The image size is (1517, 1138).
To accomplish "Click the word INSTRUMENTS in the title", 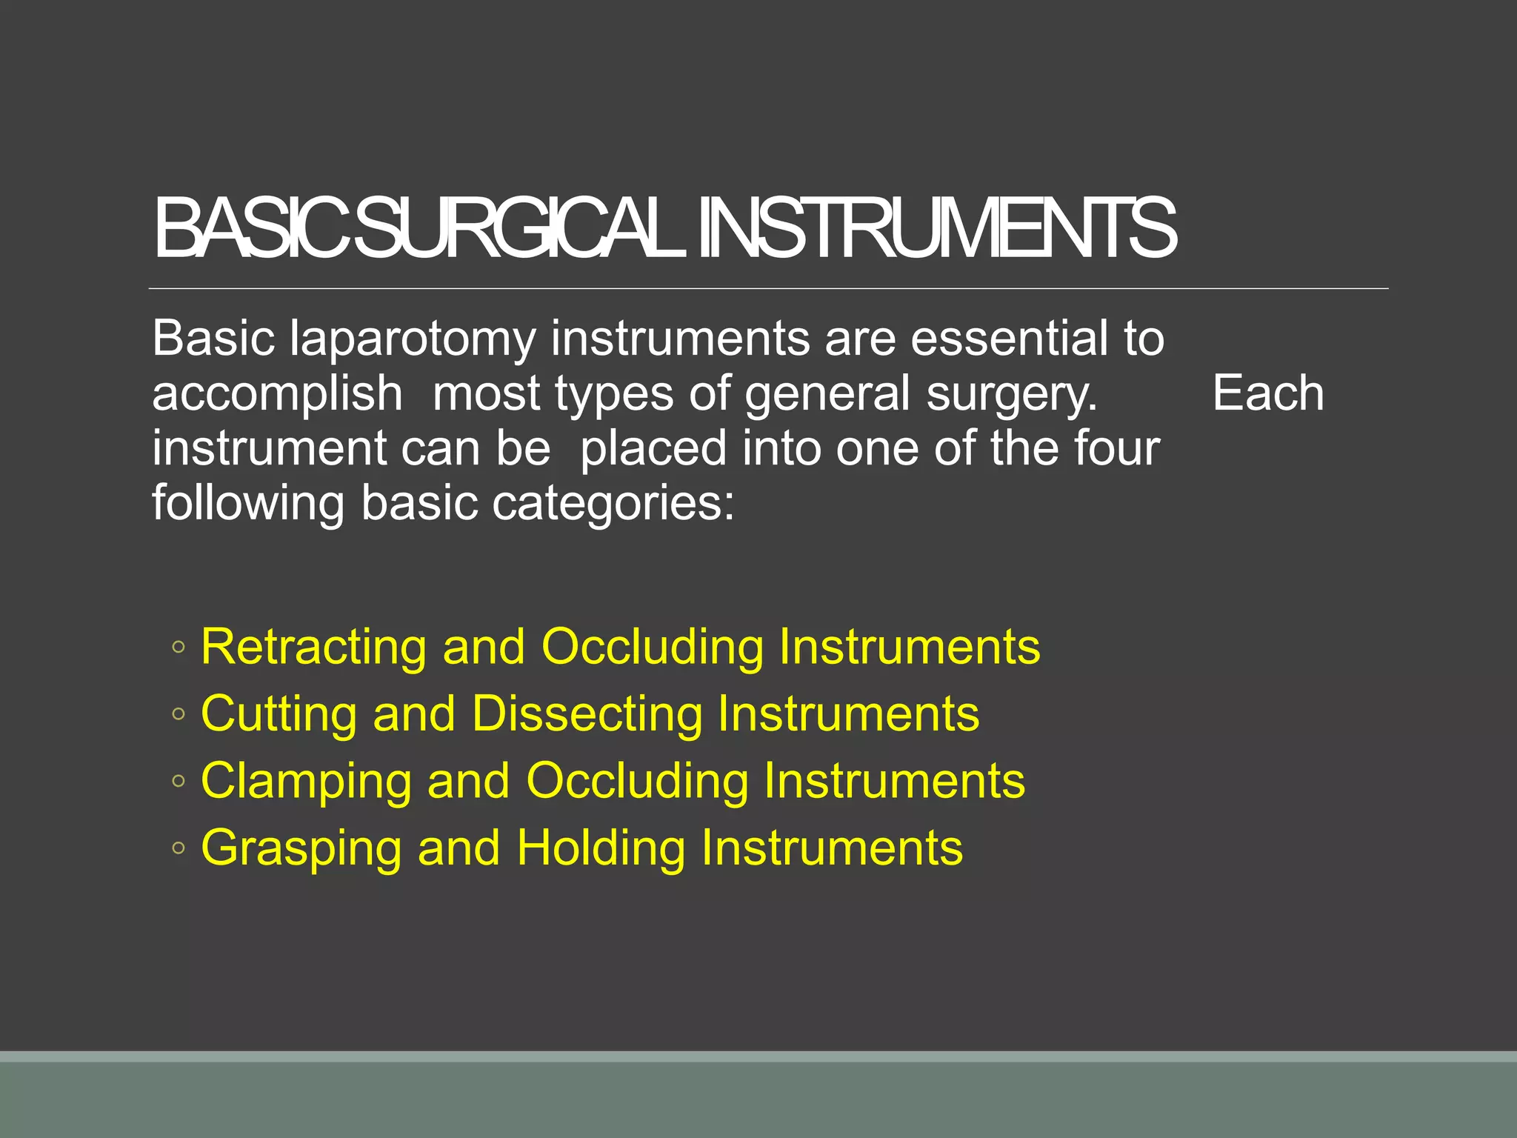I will click(x=937, y=229).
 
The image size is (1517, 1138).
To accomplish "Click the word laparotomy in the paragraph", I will click(x=412, y=339).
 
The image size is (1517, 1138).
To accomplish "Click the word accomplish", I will click(x=277, y=393).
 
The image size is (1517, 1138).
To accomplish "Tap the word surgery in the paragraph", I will click(x=1011, y=395).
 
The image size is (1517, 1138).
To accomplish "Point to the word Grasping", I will click(x=301, y=849).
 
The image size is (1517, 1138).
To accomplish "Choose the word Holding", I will click(x=601, y=849).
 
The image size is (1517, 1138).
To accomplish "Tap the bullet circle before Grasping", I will click(x=178, y=848).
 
